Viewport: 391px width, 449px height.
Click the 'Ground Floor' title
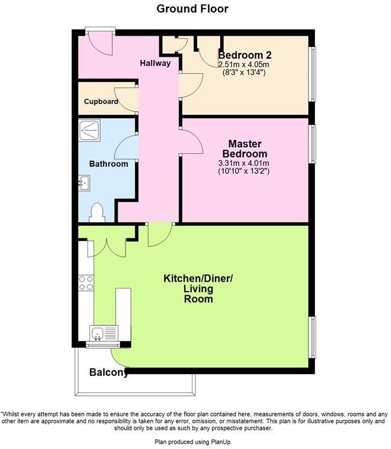click(x=192, y=8)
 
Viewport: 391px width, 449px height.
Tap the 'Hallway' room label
click(x=155, y=63)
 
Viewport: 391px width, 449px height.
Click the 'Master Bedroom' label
click(x=244, y=148)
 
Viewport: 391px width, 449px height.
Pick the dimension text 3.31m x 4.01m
click(x=244, y=163)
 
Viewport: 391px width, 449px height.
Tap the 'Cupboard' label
click(x=101, y=101)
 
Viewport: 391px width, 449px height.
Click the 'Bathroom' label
click(x=109, y=164)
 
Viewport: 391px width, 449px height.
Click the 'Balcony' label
click(x=109, y=372)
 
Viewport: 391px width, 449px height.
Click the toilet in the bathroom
click(x=97, y=212)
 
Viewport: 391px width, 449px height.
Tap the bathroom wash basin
click(x=84, y=182)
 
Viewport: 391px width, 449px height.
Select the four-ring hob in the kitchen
click(x=86, y=283)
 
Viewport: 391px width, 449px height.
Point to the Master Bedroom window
click(x=312, y=144)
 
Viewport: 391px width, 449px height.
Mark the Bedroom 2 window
click(x=312, y=72)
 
